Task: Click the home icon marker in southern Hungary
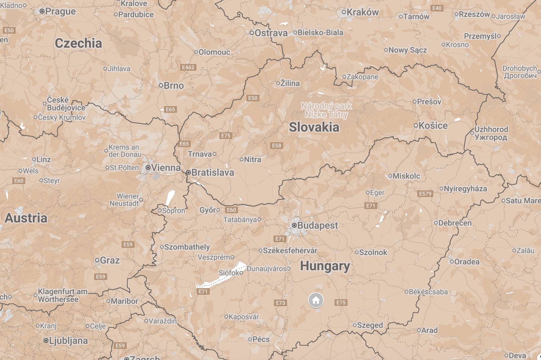316,300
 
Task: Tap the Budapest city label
317,226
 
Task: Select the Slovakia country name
314,127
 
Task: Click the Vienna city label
166,168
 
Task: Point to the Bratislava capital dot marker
188,172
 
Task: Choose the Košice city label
433,125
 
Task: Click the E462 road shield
188,67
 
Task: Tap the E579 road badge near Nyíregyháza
425,193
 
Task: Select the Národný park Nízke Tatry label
326,110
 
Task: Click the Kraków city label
362,12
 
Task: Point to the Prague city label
60,11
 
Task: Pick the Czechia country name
78,43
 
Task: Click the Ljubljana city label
68,340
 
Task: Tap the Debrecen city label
455,223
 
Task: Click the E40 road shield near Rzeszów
437,8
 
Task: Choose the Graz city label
110,260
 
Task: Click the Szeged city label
370,325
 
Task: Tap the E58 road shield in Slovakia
276,146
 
